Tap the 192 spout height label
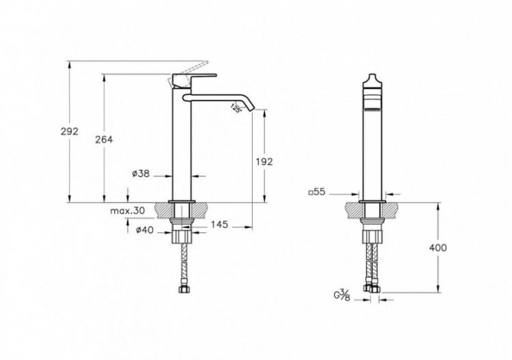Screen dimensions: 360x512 (264, 162)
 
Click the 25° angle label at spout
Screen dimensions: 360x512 (236, 107)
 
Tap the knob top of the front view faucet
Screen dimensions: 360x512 (370, 77)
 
